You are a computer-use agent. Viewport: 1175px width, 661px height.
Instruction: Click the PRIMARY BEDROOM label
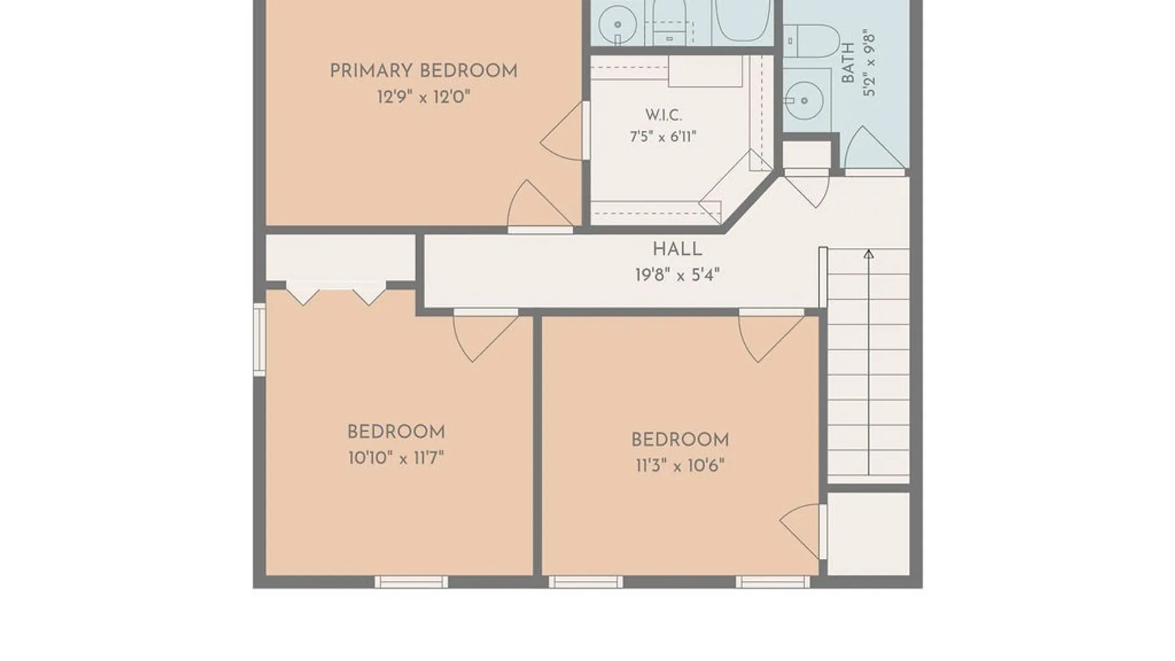pos(423,71)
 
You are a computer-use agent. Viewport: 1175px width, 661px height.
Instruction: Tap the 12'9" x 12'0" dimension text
pos(423,97)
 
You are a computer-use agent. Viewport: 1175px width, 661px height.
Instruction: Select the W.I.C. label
pos(663,115)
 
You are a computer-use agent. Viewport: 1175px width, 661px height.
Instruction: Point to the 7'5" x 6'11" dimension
pos(663,136)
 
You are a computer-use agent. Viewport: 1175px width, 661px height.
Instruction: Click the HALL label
pos(677,249)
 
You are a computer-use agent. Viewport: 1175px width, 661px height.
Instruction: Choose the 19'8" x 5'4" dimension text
pos(677,275)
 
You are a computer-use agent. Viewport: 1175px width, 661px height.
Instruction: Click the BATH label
pos(848,62)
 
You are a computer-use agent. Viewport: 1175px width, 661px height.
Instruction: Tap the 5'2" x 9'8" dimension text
pos(869,64)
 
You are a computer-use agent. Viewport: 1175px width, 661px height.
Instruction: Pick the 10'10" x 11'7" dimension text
pos(396,458)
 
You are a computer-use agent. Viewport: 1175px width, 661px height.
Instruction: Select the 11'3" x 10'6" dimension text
pos(680,466)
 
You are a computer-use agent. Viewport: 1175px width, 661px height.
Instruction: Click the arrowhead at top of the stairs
pos(868,254)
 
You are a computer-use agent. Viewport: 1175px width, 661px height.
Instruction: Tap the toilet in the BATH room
pos(811,41)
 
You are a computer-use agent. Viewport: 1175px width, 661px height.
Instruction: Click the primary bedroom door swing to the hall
pos(539,206)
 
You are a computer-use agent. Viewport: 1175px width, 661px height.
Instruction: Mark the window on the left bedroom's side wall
pos(259,339)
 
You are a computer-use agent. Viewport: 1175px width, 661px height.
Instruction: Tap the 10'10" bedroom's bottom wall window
pos(411,582)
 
